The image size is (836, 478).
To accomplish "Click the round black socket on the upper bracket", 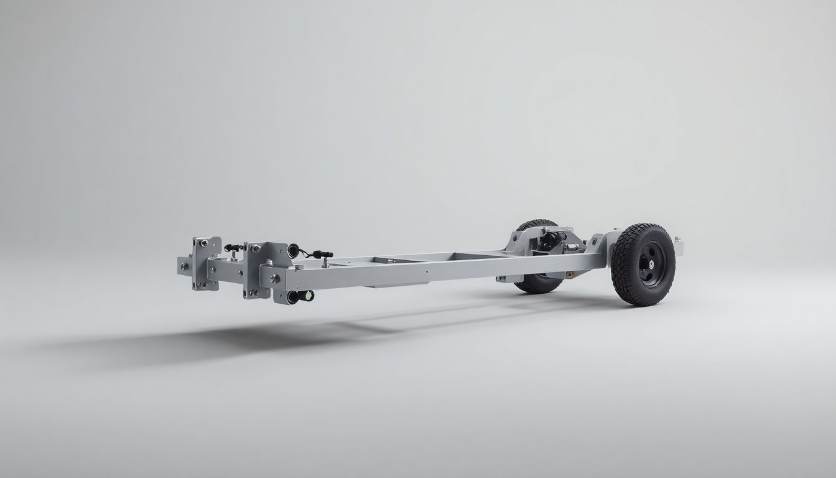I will (x=293, y=251).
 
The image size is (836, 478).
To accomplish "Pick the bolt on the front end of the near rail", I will (x=274, y=278).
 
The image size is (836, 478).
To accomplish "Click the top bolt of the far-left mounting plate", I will (x=202, y=242).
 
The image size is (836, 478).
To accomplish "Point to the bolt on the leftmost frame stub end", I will (x=184, y=266).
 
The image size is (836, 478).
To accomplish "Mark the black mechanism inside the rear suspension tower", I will (x=550, y=240).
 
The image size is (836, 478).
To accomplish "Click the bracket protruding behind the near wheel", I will (x=679, y=248).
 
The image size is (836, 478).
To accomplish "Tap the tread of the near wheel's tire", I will (x=622, y=268).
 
